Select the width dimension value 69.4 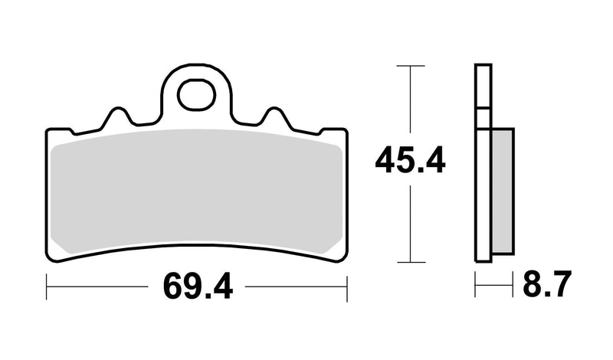pos(197,289)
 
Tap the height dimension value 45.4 pos(409,162)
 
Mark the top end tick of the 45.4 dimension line pos(411,67)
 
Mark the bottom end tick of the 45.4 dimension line pos(411,261)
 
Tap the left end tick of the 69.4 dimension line pos(48,289)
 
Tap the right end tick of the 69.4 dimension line pos(347,289)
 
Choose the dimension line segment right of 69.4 pos(299,289)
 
